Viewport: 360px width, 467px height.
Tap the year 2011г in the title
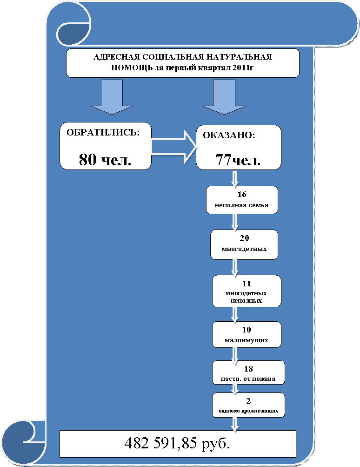point(243,68)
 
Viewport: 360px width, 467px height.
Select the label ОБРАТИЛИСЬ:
point(103,133)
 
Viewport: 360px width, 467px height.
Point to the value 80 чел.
point(105,159)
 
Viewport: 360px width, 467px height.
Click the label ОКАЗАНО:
point(229,135)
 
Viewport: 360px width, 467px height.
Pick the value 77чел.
point(238,160)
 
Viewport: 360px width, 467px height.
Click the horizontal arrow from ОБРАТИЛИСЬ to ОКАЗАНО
point(174,147)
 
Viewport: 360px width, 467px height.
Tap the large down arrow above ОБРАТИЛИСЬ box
point(112,97)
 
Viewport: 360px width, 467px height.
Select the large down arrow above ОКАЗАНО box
point(224,97)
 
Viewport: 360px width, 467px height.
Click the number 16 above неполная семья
point(242,194)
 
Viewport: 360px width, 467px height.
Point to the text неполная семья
point(241,205)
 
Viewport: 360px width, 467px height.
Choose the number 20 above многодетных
point(244,238)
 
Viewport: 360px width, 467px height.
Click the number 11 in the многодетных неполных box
point(247,284)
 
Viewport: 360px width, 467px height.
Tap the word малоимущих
point(247,340)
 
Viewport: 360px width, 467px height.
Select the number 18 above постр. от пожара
point(248,369)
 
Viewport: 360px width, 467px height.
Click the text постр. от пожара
point(248,379)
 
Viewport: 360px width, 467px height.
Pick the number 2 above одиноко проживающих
point(248,401)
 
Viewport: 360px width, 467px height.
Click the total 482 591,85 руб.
point(177,443)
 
